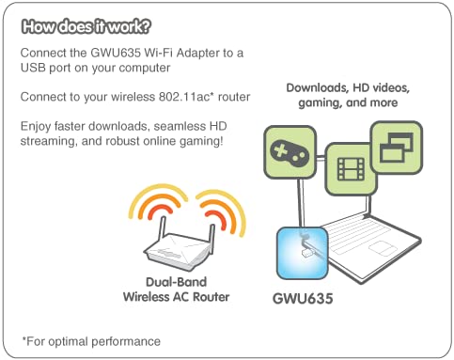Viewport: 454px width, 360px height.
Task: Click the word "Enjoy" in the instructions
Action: click(x=37, y=128)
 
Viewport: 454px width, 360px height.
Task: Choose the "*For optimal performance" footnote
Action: click(x=91, y=339)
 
